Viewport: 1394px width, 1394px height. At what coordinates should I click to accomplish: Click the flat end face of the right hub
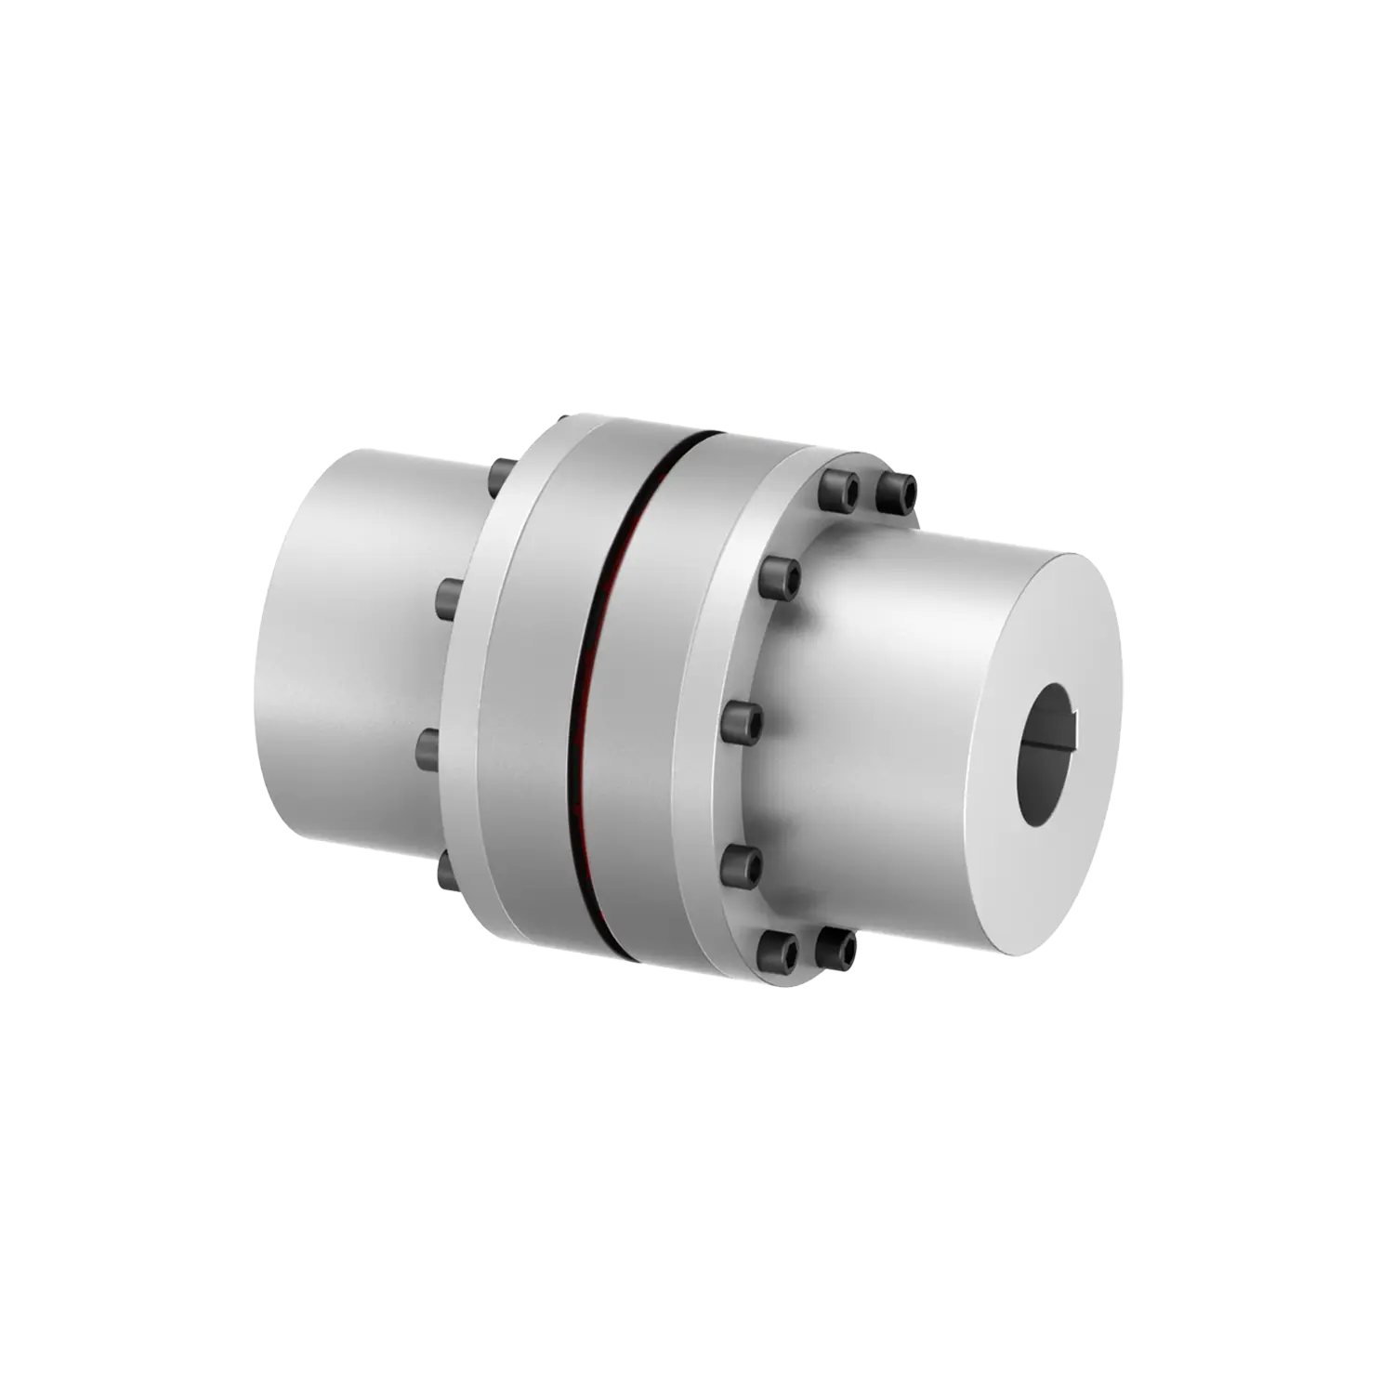coord(1069,669)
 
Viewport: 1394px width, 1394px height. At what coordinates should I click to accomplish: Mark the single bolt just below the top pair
coord(780,578)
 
